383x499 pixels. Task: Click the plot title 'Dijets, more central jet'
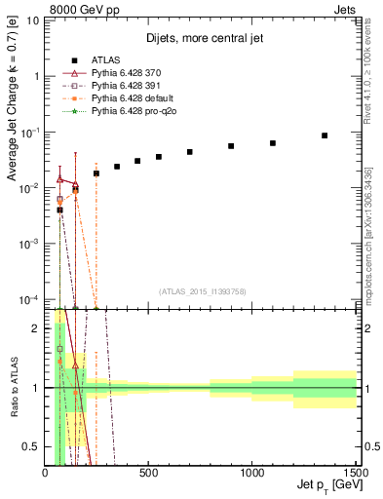point(201,40)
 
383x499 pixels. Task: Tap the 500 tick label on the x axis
point(148,474)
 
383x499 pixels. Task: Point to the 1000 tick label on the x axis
point(251,474)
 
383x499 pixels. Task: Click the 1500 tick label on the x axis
point(354,474)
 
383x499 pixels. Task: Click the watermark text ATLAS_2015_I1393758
point(202,290)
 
